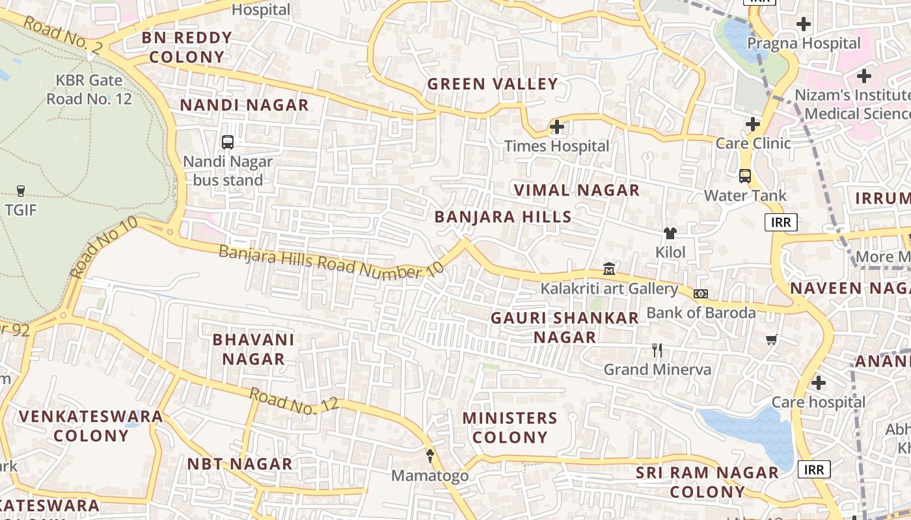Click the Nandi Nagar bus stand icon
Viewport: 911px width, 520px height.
228,142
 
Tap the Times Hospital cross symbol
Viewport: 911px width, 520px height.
557,127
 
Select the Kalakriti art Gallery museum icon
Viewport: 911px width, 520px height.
609,268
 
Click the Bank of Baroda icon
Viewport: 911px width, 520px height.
700,294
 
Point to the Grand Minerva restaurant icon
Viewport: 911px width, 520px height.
657,350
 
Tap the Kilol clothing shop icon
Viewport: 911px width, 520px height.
670,233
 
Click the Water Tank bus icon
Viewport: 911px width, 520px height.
745,175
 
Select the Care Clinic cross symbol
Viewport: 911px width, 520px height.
753,124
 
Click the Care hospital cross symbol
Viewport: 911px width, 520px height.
819,383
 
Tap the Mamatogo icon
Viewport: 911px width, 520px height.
429,456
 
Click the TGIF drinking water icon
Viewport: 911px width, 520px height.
21,190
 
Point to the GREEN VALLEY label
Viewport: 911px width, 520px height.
493,84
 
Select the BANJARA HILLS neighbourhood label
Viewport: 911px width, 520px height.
503,217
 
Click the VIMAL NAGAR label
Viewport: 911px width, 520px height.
577,190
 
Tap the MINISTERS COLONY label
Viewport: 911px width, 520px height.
510,427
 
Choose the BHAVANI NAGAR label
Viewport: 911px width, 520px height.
253,349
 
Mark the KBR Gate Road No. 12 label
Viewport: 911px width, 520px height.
88,90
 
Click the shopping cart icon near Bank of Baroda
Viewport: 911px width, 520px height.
772,339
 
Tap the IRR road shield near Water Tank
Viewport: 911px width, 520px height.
781,222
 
